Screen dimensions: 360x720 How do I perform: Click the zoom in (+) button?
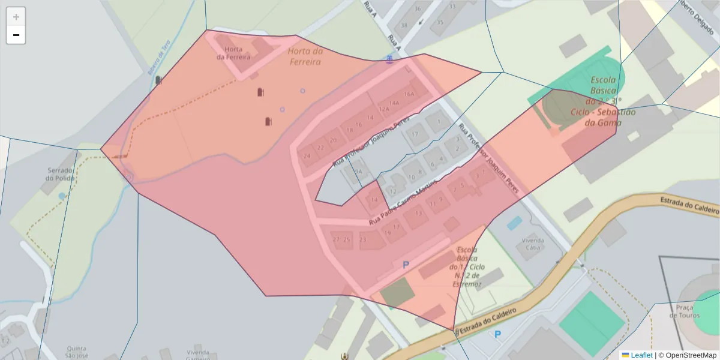pyautogui.click(x=16, y=17)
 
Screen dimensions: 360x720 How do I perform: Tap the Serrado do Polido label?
pyautogui.click(x=61, y=174)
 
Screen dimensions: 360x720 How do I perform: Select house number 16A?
pyautogui.click(x=409, y=94)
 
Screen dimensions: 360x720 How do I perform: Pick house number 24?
pyautogui.click(x=307, y=155)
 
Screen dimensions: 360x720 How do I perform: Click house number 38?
pyautogui.click(x=404, y=25)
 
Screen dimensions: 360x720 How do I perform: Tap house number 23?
pyautogui.click(x=362, y=239)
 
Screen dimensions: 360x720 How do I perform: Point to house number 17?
pyautogui.click(x=414, y=133)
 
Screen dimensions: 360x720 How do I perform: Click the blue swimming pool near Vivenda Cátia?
pyautogui.click(x=514, y=223)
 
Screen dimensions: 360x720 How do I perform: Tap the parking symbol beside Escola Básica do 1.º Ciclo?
pyautogui.click(x=406, y=265)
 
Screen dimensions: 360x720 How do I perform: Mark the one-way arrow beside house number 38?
pyautogui.click(x=421, y=23)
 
